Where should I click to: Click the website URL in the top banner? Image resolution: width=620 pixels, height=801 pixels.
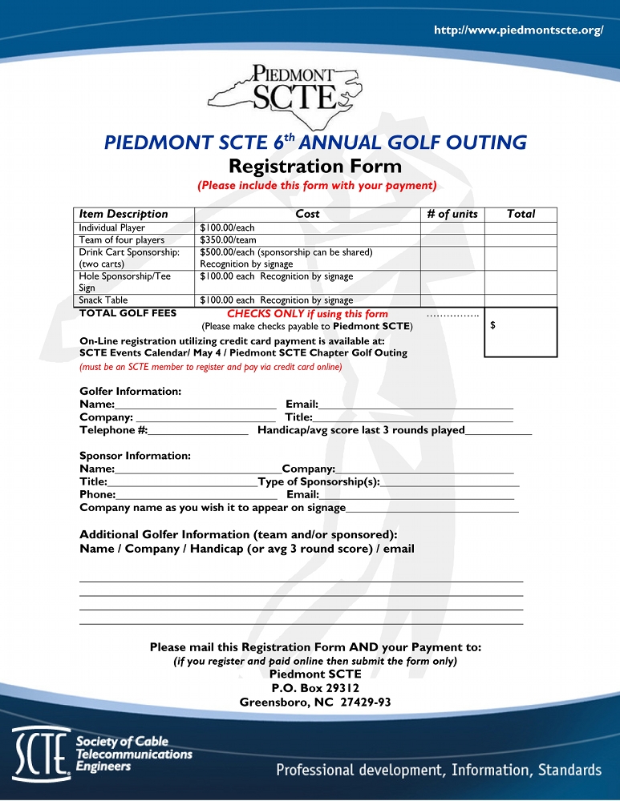[x=517, y=30]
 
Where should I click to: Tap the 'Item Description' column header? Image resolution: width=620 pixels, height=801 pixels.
[x=124, y=214]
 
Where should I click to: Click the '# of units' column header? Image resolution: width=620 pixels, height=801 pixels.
[x=452, y=214]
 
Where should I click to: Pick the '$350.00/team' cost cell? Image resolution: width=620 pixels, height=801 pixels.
[x=228, y=240]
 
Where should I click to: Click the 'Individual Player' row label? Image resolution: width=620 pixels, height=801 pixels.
[x=112, y=228]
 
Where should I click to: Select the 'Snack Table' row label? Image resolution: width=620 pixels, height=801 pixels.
[x=103, y=300]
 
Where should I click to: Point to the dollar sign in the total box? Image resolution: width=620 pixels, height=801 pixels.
[x=492, y=325]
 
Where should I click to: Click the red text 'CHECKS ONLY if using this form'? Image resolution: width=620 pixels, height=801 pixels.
[x=307, y=314]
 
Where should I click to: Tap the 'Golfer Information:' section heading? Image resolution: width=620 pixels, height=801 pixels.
[x=131, y=391]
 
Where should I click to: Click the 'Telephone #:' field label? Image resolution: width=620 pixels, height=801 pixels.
[x=113, y=430]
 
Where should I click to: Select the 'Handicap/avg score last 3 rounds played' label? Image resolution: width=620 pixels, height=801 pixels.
[x=361, y=430]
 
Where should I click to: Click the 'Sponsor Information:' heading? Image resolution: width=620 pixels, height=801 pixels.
[x=135, y=456]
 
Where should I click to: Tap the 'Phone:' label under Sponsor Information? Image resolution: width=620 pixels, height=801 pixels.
[x=98, y=494]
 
